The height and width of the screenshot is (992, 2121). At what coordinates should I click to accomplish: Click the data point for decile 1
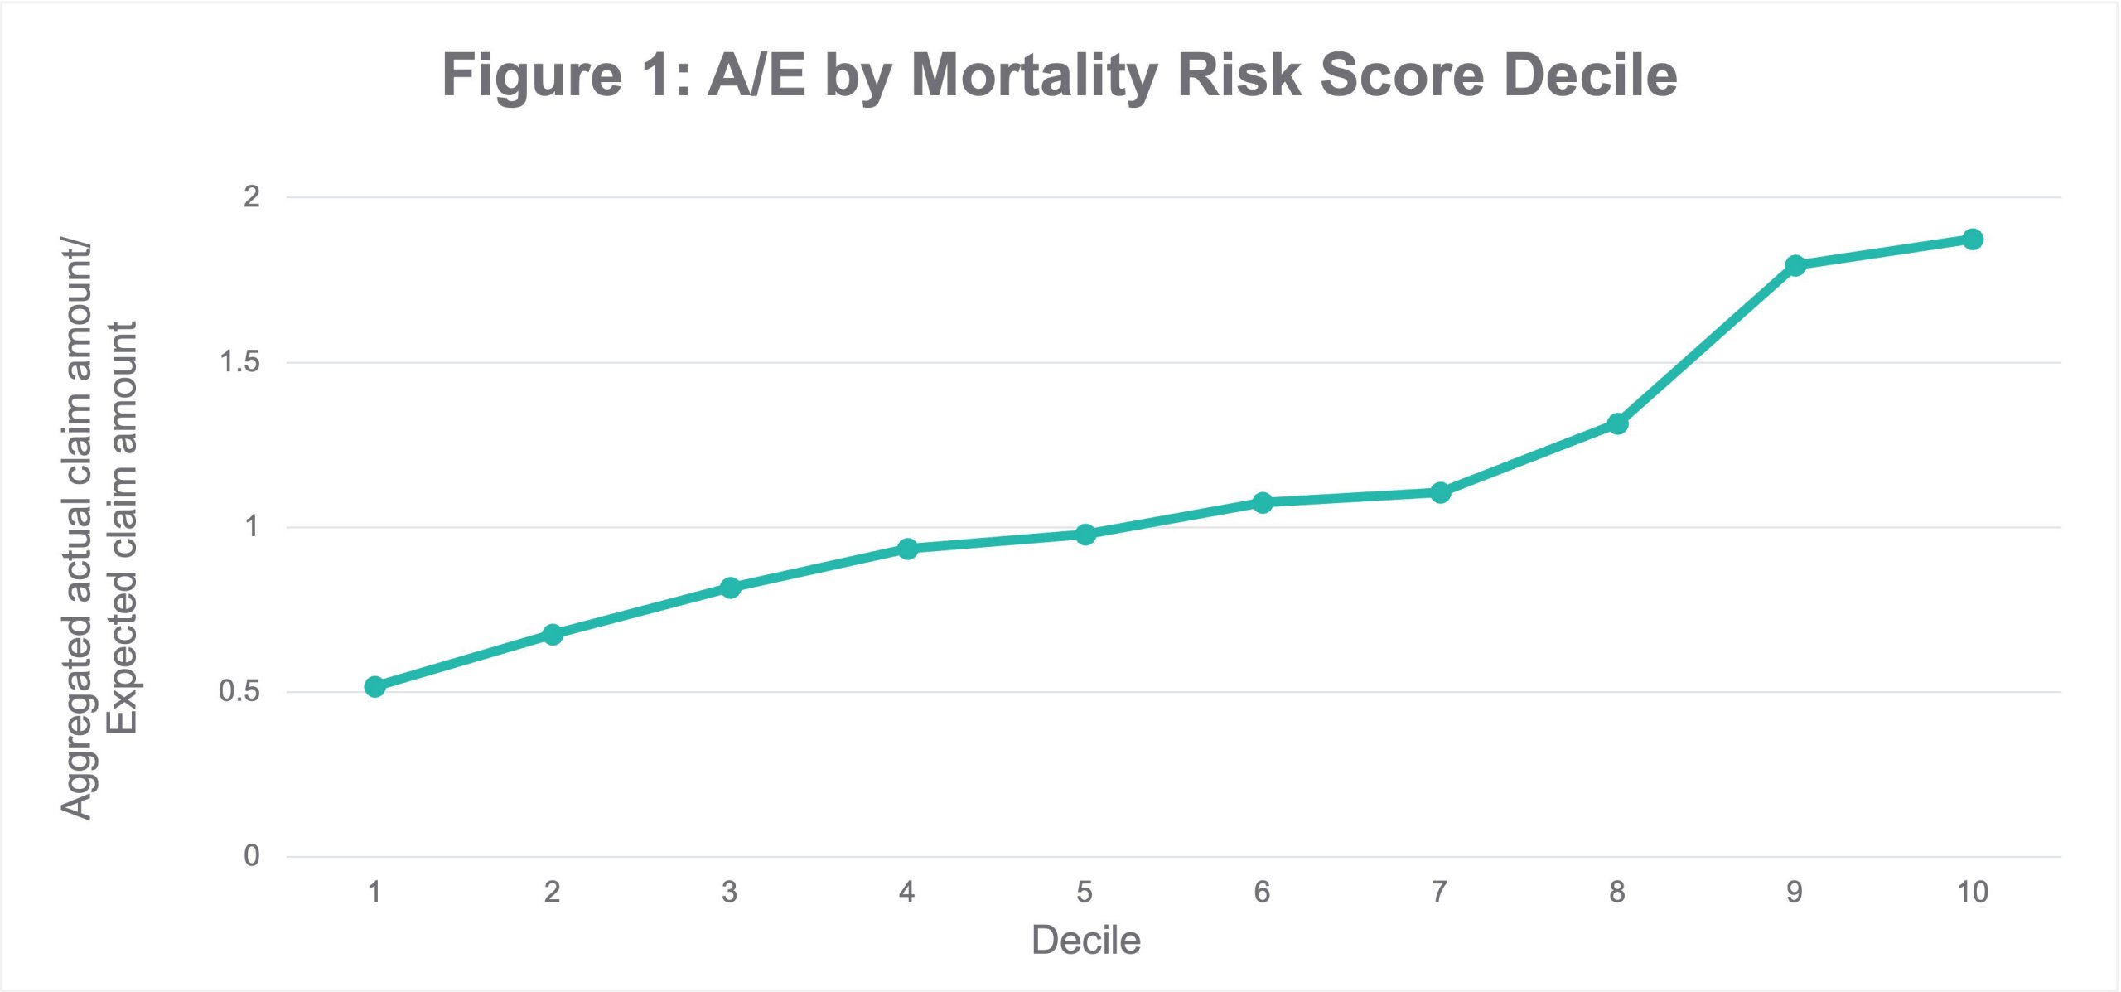[374, 686]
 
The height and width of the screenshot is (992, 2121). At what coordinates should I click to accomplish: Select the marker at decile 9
[1795, 265]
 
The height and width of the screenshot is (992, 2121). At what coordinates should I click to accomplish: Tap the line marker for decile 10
[1973, 239]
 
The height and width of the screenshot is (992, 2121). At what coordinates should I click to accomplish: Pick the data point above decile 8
[1617, 423]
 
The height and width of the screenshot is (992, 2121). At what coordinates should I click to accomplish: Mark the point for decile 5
[1085, 534]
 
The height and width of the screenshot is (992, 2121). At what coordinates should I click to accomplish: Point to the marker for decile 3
[730, 588]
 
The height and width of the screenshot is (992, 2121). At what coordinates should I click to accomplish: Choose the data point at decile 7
[1440, 492]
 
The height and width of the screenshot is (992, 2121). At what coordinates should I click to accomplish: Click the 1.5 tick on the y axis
[239, 362]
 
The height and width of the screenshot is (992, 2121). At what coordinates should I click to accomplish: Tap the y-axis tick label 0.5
[239, 691]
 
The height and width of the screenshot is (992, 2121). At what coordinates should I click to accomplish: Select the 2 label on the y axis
[251, 196]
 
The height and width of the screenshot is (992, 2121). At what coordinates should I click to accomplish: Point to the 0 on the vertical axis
[251, 855]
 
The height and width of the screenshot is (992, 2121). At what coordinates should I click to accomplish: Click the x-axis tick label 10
[1973, 892]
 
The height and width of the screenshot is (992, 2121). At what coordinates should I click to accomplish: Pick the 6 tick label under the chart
[1262, 892]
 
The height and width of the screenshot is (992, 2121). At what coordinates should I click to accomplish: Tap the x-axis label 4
[907, 892]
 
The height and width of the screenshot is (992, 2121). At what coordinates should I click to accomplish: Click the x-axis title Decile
[1085, 941]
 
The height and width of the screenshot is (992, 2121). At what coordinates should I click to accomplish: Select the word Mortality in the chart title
[1033, 76]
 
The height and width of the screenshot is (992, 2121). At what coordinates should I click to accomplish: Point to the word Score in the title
[1401, 76]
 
